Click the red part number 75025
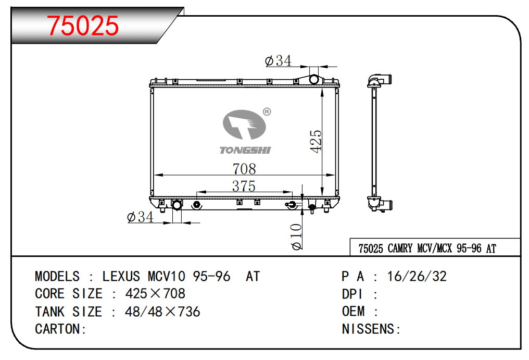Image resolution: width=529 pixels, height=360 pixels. click(83, 26)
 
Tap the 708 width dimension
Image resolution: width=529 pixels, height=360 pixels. click(244, 169)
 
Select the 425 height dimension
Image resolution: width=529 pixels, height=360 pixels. click(316, 141)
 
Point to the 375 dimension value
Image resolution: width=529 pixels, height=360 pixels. click(244, 186)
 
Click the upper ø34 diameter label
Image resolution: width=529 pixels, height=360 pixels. click(278, 61)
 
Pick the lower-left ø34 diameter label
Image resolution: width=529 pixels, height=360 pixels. click(140, 217)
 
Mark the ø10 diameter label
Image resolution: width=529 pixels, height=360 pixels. click(297, 237)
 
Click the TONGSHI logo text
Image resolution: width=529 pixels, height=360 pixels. click(245, 151)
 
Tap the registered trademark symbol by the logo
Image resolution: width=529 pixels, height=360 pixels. click(267, 111)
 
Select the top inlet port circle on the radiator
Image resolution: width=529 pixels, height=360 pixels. click(314, 79)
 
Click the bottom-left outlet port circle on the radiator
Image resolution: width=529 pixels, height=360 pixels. click(177, 205)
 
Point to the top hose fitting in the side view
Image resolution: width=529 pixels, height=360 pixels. click(381, 80)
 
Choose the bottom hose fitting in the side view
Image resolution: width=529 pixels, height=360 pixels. click(381, 204)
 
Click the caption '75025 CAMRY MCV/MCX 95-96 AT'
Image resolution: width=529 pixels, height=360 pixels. click(427, 249)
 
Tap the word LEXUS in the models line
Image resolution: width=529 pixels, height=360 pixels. click(121, 276)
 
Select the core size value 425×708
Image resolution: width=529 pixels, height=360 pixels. click(155, 294)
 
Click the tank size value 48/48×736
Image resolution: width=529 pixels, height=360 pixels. click(162, 312)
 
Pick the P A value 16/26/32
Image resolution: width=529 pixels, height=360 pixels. click(417, 276)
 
